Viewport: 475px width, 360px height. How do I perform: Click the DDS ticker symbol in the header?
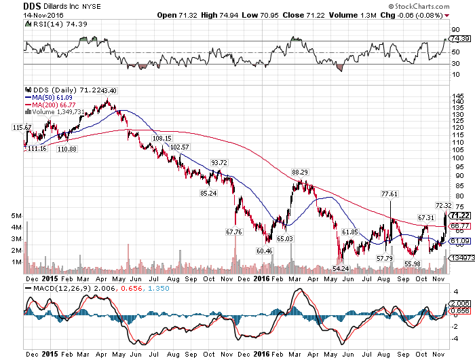tap(14, 5)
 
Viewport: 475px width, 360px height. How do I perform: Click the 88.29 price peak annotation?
tap(299, 173)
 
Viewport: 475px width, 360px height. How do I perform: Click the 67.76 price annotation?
tap(234, 232)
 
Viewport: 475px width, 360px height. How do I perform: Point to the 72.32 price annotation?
tap(443, 204)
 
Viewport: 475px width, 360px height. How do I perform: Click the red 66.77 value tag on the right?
tap(460, 226)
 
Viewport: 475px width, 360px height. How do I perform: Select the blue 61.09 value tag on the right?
tap(460, 241)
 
